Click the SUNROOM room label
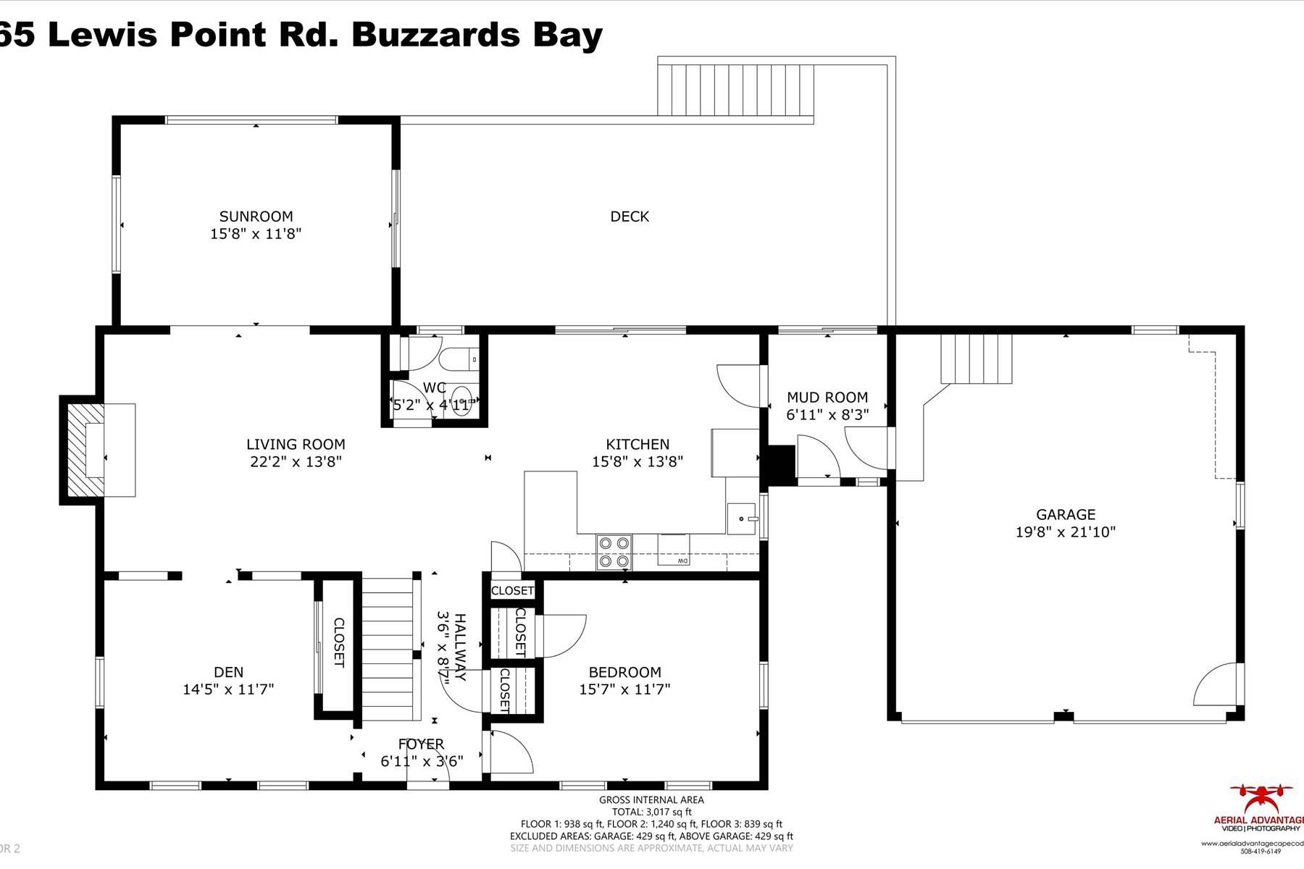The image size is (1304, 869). (256, 216)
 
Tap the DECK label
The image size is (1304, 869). (629, 216)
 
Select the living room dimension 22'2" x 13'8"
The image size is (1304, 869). (295, 462)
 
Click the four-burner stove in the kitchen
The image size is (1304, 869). (614, 552)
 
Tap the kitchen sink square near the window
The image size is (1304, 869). (741, 518)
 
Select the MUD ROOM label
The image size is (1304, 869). (827, 397)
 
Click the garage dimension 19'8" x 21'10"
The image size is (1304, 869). (1064, 532)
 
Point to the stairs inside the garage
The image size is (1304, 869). (975, 358)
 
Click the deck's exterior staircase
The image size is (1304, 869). (736, 90)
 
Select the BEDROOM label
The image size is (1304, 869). (624, 672)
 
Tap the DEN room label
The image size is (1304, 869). (228, 672)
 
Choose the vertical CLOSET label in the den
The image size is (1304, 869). (338, 642)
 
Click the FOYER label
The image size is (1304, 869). (421, 744)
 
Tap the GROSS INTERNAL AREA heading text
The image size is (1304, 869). (651, 799)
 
